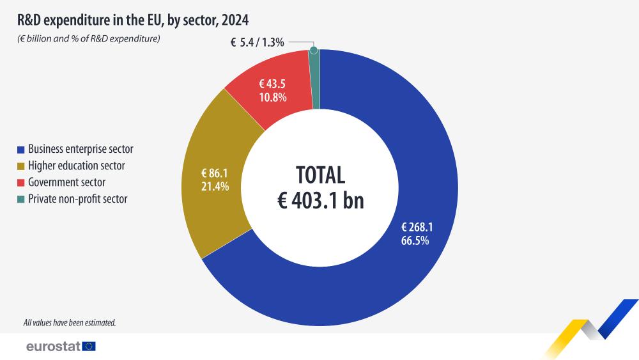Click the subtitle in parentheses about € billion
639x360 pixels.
pyautogui.click(x=88, y=39)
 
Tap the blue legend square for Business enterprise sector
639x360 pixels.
pyautogui.click(x=21, y=150)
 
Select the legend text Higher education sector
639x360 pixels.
pyautogui.click(x=77, y=166)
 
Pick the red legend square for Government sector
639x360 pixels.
pyautogui.click(x=21, y=183)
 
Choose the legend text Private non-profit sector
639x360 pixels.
pyautogui.click(x=78, y=199)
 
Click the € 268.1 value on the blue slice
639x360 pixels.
pyautogui.click(x=417, y=228)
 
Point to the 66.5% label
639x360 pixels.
pyautogui.click(x=415, y=241)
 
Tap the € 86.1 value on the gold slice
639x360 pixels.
pyautogui.click(x=215, y=173)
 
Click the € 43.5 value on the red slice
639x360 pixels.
pyautogui.click(x=272, y=84)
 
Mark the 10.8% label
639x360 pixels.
pyautogui.click(x=272, y=98)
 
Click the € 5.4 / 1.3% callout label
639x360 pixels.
pyautogui.click(x=258, y=43)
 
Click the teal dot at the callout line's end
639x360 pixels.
pyautogui.click(x=313, y=50)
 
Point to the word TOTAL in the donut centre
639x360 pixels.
pyautogui.click(x=320, y=175)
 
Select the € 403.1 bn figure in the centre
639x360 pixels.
pyautogui.click(x=320, y=201)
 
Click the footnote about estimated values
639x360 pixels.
pyautogui.click(x=69, y=323)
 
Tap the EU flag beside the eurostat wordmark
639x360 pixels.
pyautogui.click(x=89, y=347)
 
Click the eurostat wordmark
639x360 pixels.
pyautogui.click(x=53, y=347)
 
